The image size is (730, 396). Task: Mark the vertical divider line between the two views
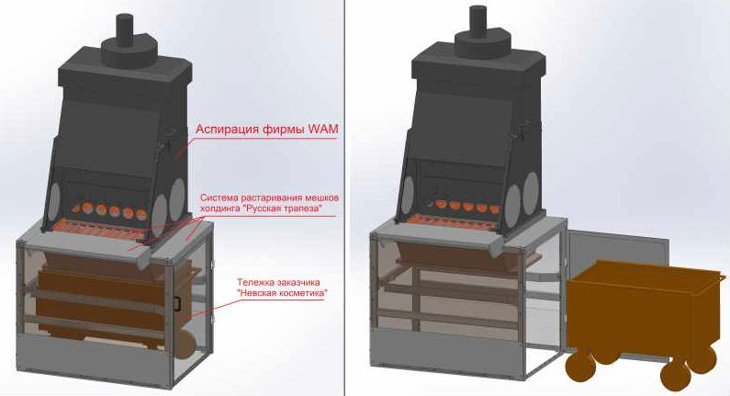(x=344, y=198)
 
